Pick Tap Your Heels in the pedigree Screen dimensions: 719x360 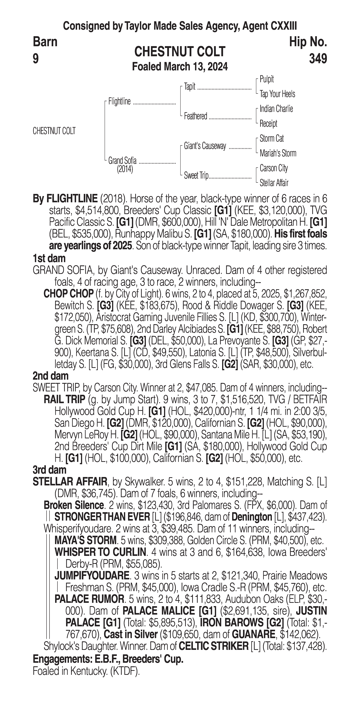[x=277, y=94]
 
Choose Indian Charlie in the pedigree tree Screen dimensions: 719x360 [x=276, y=109]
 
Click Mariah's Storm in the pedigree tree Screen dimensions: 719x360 [x=278, y=153]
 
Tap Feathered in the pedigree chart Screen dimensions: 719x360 [x=195, y=116]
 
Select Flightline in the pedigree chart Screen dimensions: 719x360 [x=119, y=102]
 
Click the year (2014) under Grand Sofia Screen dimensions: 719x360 [x=125, y=169]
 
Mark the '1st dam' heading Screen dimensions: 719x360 [x=49, y=258]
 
